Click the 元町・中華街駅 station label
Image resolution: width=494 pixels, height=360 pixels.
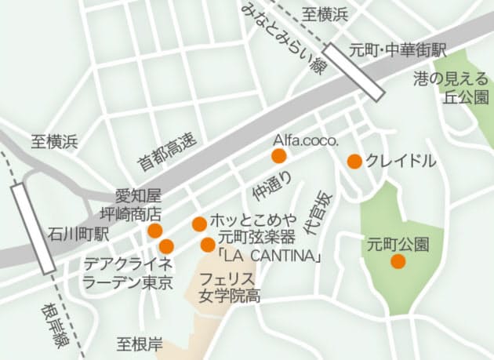(399, 49)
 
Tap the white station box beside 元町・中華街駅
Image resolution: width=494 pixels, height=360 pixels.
(354, 71)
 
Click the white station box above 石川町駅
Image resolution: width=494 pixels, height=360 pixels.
(33, 227)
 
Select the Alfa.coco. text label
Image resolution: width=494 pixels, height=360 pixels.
(305, 140)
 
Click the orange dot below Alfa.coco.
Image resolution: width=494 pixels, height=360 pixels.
(279, 156)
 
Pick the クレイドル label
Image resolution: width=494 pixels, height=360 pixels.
(400, 161)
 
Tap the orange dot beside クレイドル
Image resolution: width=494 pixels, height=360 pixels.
(354, 162)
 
